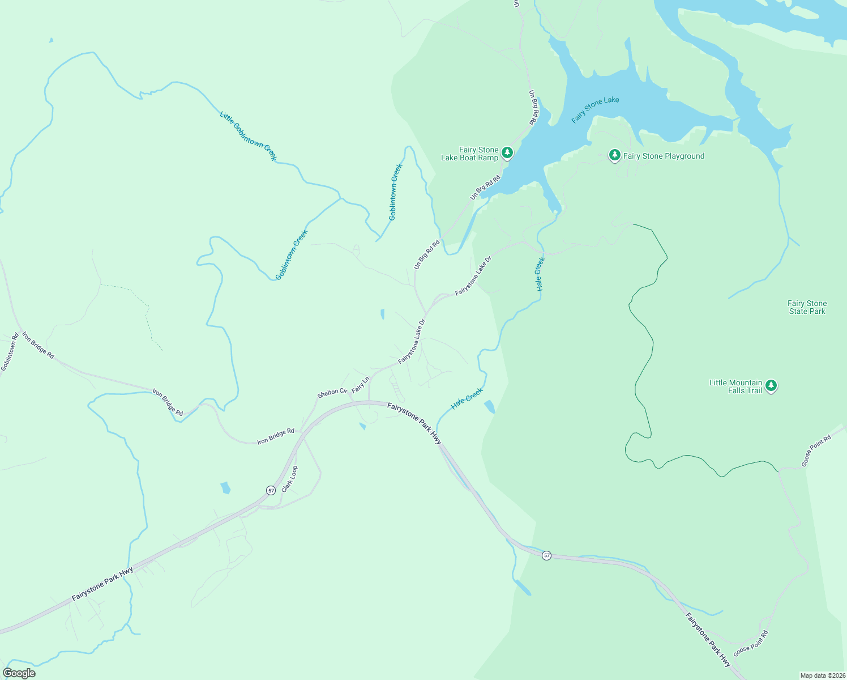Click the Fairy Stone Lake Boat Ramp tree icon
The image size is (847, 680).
tap(507, 152)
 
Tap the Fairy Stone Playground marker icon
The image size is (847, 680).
tap(614, 155)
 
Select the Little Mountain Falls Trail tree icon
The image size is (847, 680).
tap(771, 386)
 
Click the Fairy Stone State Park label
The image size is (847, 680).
tap(807, 308)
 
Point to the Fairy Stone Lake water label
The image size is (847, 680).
tap(595, 109)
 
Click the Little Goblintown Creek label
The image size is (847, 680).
tap(248, 136)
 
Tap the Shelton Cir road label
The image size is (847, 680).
tap(332, 392)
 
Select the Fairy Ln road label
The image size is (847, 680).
tap(360, 385)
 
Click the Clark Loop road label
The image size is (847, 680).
tap(289, 479)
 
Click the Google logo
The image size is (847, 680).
tap(19, 673)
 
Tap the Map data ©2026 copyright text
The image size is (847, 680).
tap(822, 675)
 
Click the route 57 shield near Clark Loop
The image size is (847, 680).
tap(271, 490)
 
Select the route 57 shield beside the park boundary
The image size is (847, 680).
tap(546, 555)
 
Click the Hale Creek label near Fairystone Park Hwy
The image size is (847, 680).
tap(467, 399)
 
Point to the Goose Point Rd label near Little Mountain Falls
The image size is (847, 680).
tap(816, 451)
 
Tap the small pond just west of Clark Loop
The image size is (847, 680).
tap(225, 487)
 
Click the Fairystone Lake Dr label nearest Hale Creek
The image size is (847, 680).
tap(473, 275)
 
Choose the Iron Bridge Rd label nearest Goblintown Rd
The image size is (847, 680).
tap(38, 346)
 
